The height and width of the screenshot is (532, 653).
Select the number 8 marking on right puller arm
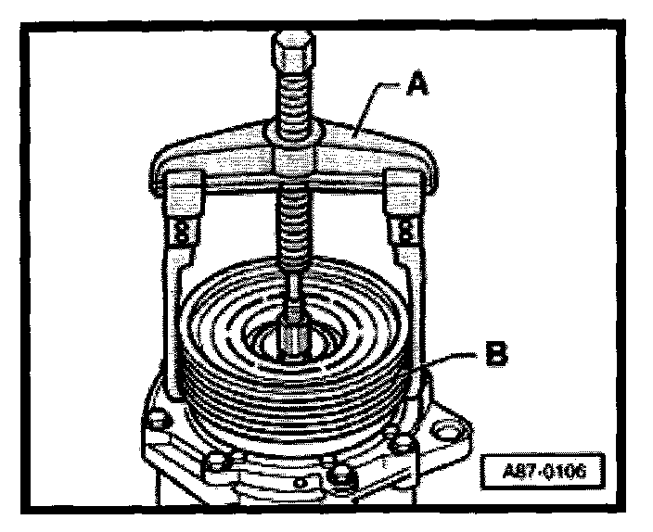coord(404,229)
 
